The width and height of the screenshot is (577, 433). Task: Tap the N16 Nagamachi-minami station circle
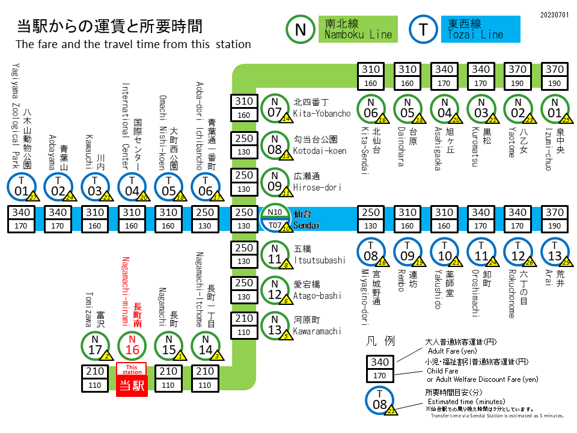(x=132, y=346)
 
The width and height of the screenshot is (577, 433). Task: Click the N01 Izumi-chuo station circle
(x=554, y=108)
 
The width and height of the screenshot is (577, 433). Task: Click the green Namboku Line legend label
(x=358, y=29)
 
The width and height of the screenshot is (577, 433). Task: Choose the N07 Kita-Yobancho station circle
(x=275, y=108)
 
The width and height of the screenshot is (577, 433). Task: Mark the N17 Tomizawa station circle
(x=95, y=346)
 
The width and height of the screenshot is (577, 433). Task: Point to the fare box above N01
(x=554, y=76)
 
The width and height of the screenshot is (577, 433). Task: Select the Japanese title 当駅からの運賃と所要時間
(x=109, y=26)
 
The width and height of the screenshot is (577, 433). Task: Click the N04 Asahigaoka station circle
(x=444, y=108)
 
